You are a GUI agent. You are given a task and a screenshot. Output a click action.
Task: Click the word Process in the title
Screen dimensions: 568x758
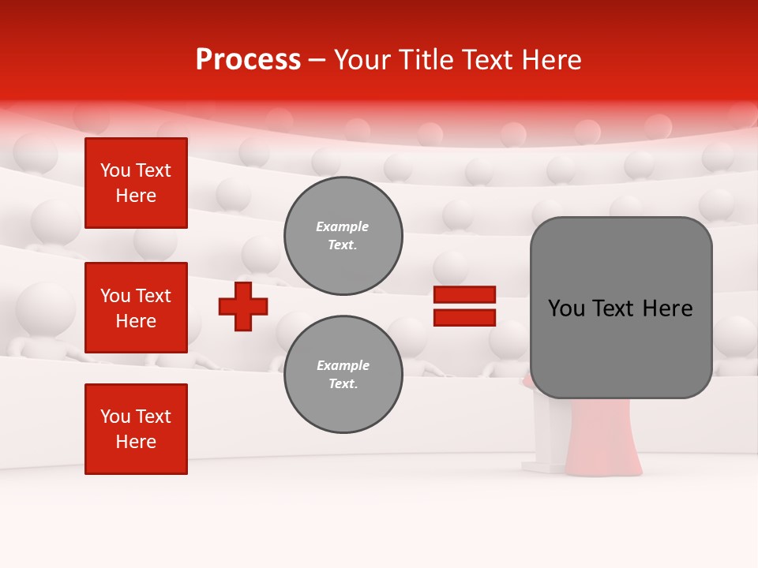[248, 60]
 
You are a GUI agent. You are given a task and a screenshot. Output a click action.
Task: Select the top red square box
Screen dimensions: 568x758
[136, 183]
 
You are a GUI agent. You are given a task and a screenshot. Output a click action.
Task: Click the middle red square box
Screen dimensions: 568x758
[136, 308]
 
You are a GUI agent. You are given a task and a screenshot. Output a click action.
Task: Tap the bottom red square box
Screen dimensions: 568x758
[136, 429]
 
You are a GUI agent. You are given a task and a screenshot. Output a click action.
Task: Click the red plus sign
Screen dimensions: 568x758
[243, 306]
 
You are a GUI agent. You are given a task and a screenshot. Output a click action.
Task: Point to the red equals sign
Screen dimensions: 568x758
[464, 306]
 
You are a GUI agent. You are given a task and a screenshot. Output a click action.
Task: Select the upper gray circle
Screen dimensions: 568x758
[343, 236]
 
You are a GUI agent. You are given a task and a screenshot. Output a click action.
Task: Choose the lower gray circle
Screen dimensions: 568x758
[343, 375]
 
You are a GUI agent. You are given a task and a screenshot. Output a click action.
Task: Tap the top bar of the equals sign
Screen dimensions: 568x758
[464, 294]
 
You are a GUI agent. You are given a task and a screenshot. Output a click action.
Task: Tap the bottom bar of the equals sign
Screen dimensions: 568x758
[464, 317]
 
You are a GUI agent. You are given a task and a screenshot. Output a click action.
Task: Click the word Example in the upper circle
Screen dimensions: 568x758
[343, 226]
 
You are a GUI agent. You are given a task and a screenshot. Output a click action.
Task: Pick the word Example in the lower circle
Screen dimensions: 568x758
[343, 365]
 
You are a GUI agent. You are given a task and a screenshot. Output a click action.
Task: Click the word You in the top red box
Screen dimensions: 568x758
[115, 170]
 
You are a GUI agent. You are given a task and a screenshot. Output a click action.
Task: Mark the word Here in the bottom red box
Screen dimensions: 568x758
[136, 442]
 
